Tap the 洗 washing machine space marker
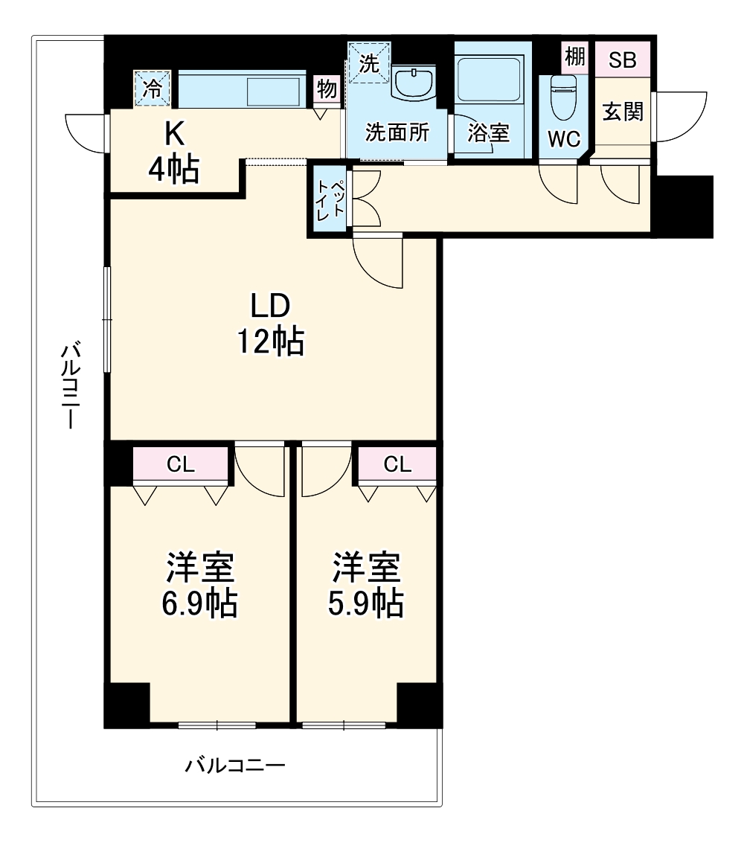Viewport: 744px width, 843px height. (368, 63)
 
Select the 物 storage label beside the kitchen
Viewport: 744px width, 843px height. (327, 89)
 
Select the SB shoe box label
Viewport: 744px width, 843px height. (623, 60)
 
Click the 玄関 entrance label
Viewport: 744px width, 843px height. (622, 112)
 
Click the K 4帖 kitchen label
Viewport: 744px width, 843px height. (173, 153)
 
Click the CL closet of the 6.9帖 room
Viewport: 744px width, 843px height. (180, 465)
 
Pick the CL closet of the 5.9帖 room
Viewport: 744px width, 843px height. (397, 465)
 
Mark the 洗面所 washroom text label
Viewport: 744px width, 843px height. (397, 132)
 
